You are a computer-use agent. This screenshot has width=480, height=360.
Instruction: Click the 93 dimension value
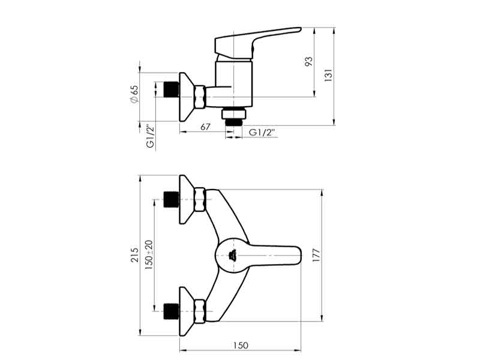click(309, 62)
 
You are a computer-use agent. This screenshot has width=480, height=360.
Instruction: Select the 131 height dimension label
click(328, 76)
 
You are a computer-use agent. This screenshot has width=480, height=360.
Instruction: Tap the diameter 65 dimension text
click(134, 94)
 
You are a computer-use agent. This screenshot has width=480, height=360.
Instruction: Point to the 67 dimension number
click(205, 127)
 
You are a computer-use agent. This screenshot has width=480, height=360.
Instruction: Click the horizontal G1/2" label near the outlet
click(262, 133)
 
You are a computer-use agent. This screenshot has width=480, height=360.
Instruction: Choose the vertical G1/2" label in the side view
click(151, 136)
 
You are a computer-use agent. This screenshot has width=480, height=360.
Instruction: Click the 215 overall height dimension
click(134, 254)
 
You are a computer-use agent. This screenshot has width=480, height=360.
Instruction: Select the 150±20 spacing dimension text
click(148, 254)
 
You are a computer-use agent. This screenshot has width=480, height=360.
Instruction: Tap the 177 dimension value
click(316, 256)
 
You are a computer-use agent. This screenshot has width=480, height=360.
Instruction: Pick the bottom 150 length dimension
click(241, 346)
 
